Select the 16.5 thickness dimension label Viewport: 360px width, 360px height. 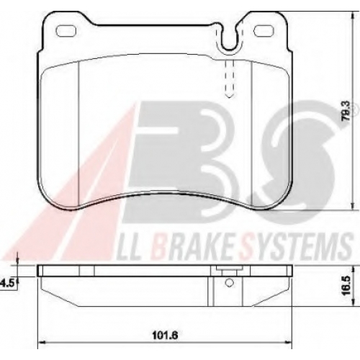(x=347, y=287)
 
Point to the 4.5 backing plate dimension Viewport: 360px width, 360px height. (x=7, y=283)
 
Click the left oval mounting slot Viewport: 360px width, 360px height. (x=66, y=31)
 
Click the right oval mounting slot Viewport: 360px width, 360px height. (x=264, y=31)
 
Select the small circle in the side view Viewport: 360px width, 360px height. (x=230, y=282)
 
